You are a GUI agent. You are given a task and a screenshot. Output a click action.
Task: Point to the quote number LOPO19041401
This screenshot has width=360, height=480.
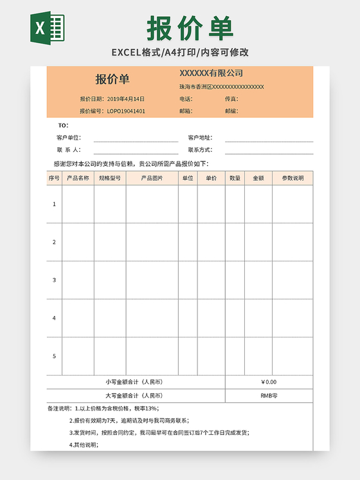coord(126,111)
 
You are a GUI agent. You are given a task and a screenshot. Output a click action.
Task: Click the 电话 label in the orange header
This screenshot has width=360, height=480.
coord(186,99)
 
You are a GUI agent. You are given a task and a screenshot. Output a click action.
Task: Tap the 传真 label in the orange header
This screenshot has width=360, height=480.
coord(231,99)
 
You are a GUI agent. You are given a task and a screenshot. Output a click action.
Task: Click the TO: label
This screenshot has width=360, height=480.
coord(63,125)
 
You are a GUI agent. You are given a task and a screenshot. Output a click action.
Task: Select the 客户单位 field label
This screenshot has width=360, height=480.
coord(69,138)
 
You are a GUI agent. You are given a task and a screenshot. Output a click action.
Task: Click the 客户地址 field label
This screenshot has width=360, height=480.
coord(200,138)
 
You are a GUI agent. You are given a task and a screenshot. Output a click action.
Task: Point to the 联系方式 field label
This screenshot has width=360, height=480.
coord(200,150)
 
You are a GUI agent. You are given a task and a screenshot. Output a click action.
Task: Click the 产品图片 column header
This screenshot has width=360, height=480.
coord(152,178)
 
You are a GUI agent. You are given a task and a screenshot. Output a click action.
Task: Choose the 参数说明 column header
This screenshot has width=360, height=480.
coord(292,178)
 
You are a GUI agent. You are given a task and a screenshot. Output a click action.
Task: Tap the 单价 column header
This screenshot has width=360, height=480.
coord(211,178)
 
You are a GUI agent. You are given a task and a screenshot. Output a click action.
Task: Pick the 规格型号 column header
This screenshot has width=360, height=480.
coord(110,178)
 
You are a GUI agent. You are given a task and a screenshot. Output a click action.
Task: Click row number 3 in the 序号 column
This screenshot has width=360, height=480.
coord(54,280)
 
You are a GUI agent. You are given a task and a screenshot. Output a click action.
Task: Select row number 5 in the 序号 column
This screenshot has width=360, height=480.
coord(54,356)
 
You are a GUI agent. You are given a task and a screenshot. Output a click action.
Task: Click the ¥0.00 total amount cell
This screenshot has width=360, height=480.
coord(269,382)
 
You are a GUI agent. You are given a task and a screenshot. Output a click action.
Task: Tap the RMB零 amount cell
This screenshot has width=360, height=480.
coord(269,396)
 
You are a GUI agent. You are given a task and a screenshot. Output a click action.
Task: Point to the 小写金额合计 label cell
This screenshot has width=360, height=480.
coord(134,382)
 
